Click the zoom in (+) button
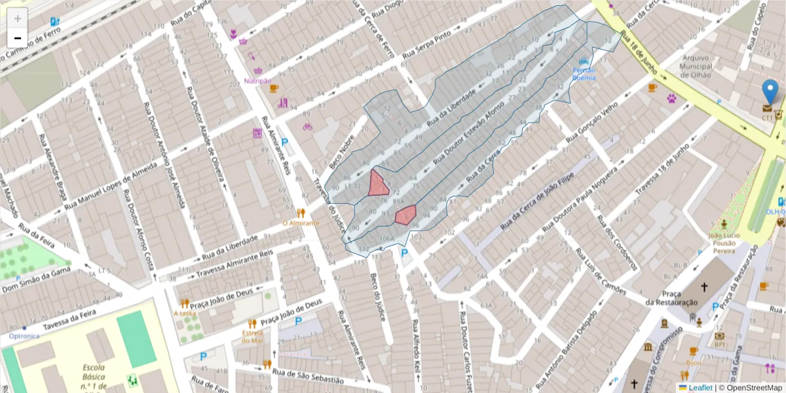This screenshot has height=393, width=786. click(x=17, y=18)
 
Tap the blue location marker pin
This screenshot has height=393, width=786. click(x=771, y=92)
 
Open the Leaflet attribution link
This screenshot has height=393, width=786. click(x=700, y=388)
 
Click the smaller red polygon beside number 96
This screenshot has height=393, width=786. click(x=406, y=214)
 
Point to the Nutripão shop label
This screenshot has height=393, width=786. click(x=257, y=81)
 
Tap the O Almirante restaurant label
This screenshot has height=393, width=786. click(x=300, y=223)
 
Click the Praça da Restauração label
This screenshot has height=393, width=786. click(x=670, y=297)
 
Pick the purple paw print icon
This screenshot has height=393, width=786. click(x=672, y=99)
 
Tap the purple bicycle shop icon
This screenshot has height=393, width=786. click(x=307, y=126)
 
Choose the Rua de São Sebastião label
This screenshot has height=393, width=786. click(x=307, y=376)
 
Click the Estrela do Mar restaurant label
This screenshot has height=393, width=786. click(x=252, y=336)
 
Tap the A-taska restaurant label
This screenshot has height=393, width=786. click(x=185, y=313)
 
